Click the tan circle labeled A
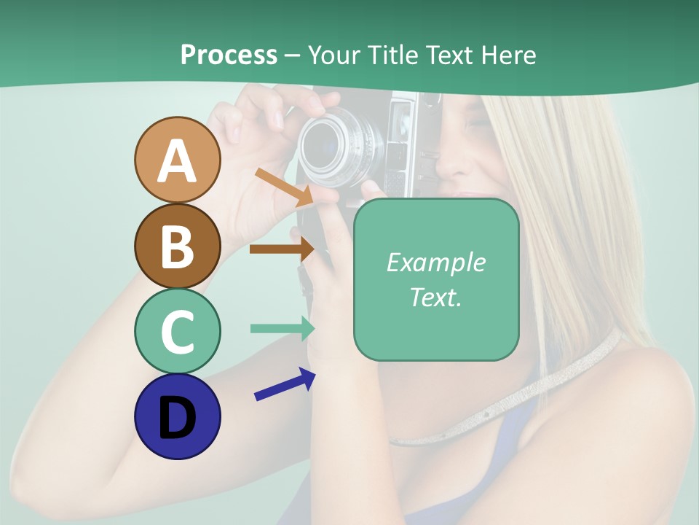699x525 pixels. click(x=177, y=160)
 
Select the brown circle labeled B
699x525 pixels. click(x=177, y=246)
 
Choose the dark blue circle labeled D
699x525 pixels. click(x=177, y=416)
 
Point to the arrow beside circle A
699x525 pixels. click(x=283, y=186)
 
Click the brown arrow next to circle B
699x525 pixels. click(x=281, y=249)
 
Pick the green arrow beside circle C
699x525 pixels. click(x=282, y=328)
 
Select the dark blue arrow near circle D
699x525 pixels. click(x=285, y=385)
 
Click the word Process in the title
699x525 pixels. click(x=229, y=55)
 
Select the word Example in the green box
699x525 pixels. click(x=435, y=263)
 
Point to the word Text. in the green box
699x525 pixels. click(x=435, y=297)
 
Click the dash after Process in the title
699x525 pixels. click(x=292, y=55)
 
